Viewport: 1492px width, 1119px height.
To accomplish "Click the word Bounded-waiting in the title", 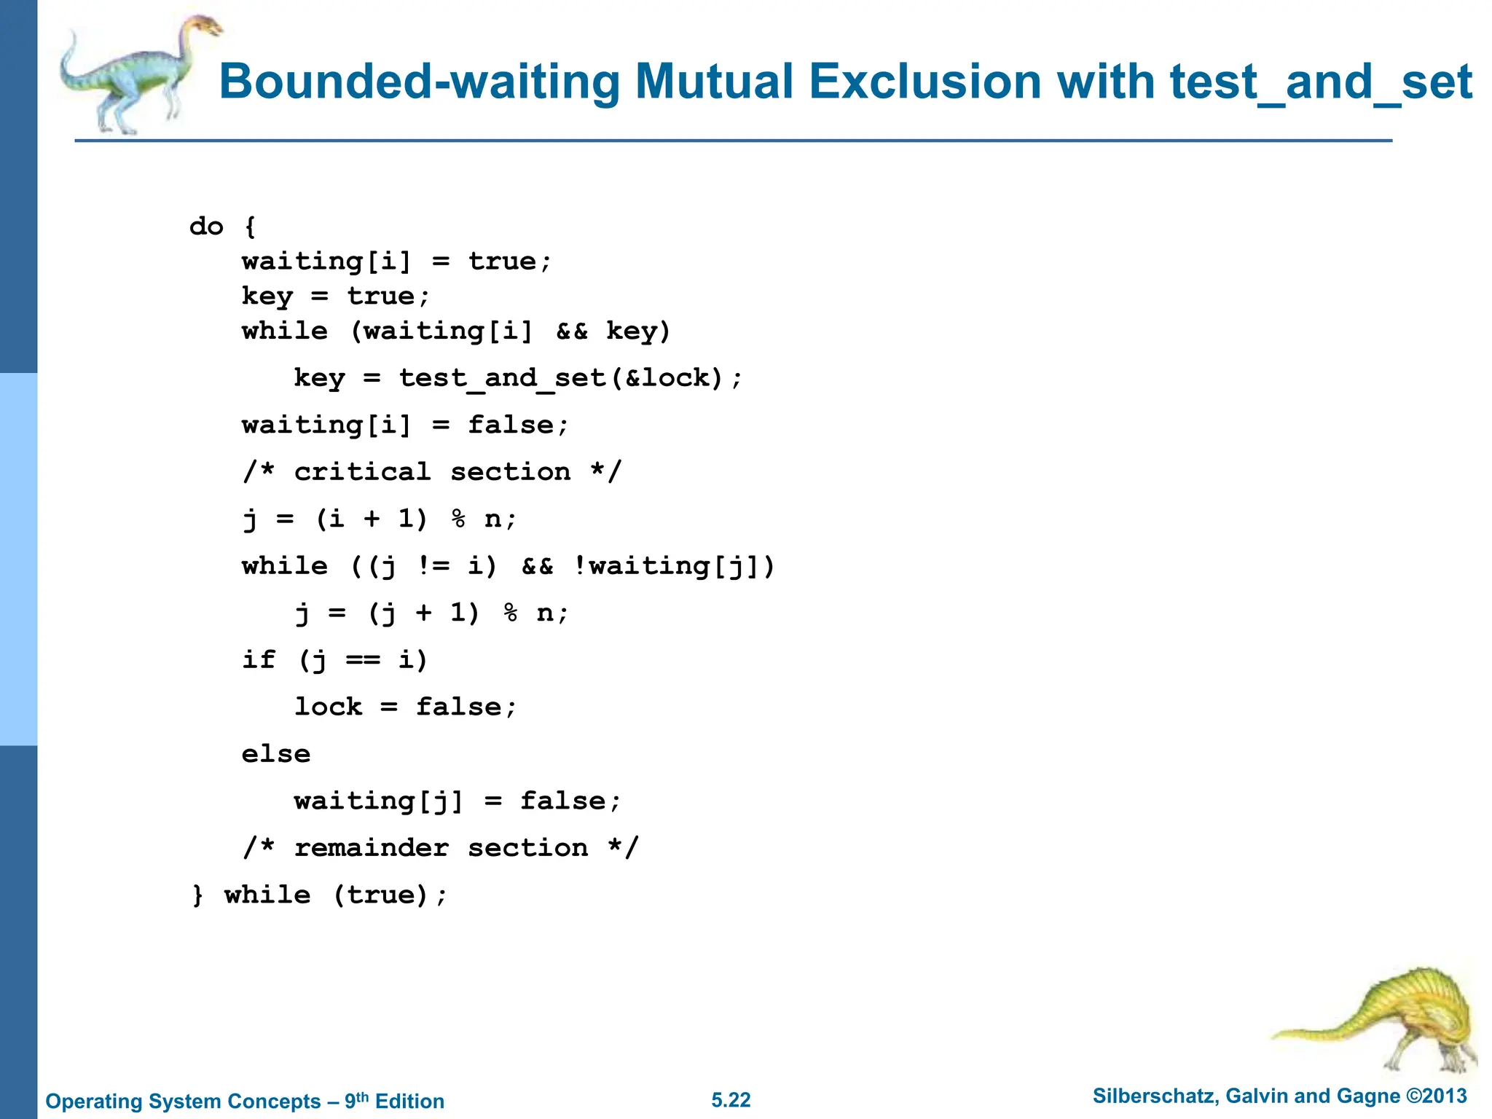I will coord(419,82).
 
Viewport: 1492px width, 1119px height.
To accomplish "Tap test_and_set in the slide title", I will coord(1321,82).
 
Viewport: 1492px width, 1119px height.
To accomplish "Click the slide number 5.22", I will coord(731,1100).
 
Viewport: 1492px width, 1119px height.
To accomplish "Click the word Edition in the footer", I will coord(409,1101).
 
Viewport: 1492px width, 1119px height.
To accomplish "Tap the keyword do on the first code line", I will coord(206,226).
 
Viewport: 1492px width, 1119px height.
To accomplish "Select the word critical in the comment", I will coord(362,471).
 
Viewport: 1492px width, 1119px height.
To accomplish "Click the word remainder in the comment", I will coord(371,847).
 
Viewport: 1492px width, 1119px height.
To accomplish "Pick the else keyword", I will coord(276,753).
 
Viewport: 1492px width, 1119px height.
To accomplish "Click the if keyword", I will coord(259,659).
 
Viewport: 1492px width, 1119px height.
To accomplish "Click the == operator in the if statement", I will coord(362,659).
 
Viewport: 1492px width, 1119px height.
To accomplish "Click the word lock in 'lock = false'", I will coord(328,706).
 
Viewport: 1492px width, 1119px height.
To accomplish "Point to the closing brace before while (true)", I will coord(197,895).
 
